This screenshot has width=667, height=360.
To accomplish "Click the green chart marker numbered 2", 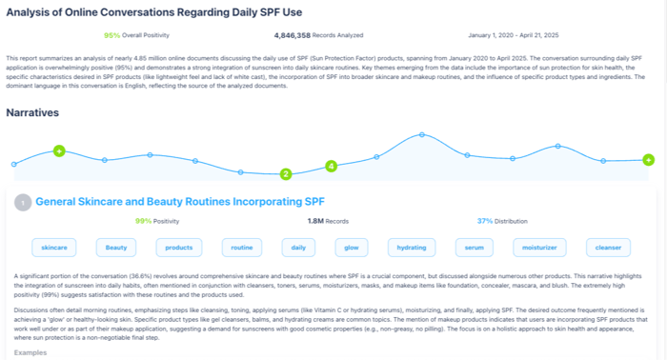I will tap(285, 174).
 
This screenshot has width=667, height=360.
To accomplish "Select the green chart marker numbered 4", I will tap(332, 167).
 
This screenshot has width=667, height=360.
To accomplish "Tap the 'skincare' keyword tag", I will tap(51, 248).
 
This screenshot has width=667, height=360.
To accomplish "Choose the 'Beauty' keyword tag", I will tap(116, 248).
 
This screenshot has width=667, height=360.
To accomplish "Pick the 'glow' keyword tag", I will tap(352, 248).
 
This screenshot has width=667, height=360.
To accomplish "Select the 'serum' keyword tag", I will tap(474, 248).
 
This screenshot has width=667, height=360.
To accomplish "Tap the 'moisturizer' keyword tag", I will tap(540, 248).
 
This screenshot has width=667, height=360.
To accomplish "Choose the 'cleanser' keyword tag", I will tap(607, 248).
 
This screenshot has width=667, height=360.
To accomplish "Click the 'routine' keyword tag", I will tap(241, 248).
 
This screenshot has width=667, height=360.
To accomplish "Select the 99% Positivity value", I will tap(144, 221).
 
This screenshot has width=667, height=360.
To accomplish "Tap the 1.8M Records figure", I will tap(314, 221).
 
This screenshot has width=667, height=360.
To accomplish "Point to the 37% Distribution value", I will tap(485, 221).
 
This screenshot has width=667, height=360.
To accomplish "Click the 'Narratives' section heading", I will tap(32, 112).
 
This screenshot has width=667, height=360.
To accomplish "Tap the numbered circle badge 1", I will tap(21, 202).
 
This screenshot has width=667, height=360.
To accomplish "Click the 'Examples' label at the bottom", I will tap(31, 351).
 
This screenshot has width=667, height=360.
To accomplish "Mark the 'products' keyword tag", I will tap(178, 248).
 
